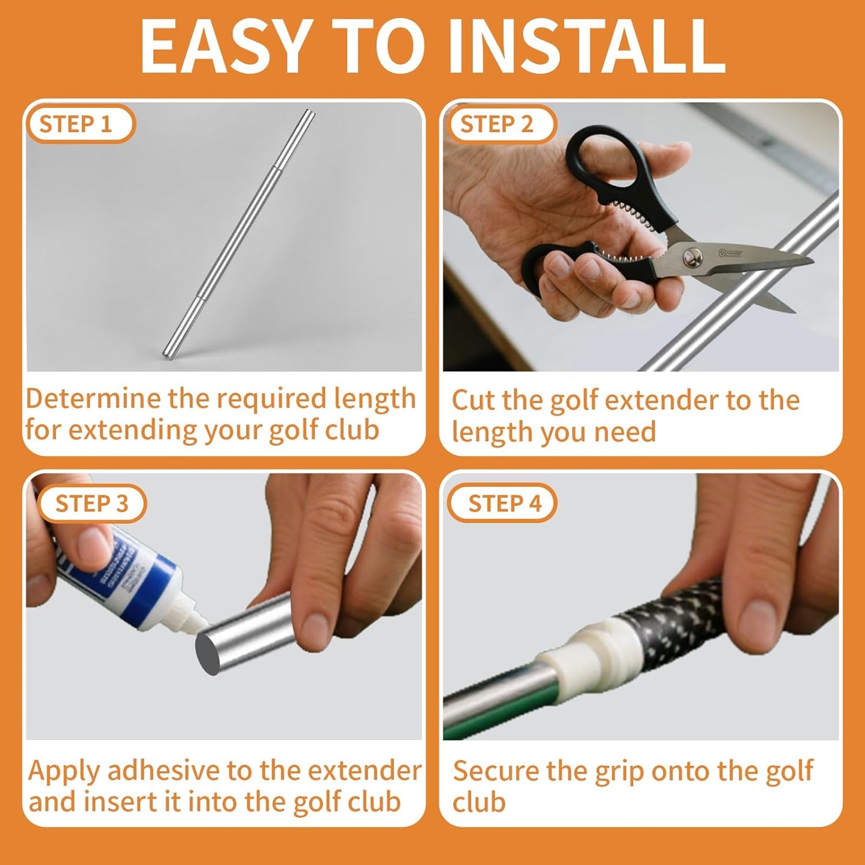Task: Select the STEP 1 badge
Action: click(x=76, y=125)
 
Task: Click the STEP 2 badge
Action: click(x=496, y=125)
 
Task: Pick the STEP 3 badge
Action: click(x=92, y=503)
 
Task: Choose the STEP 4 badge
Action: click(x=504, y=503)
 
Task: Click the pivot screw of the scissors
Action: click(x=693, y=257)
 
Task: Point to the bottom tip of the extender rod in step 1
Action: click(x=168, y=355)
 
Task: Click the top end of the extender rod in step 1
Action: click(x=309, y=113)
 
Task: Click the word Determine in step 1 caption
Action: click(x=93, y=399)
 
